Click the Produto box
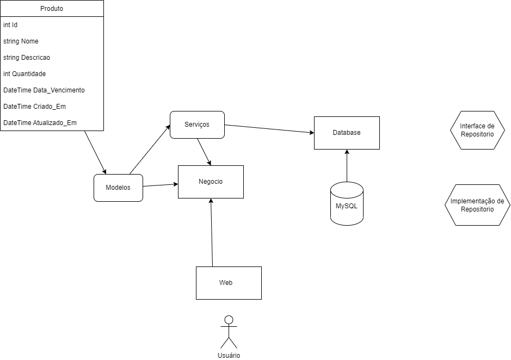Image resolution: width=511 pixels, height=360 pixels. click(52, 9)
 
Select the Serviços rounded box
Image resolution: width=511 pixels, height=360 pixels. click(197, 125)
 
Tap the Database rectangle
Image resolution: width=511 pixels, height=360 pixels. click(347, 133)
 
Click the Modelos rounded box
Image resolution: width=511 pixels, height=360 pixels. click(118, 188)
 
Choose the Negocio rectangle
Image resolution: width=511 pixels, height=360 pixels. click(211, 182)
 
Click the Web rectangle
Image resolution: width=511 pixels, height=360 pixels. click(229, 283)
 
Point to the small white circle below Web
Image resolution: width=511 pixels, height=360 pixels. click(229, 320)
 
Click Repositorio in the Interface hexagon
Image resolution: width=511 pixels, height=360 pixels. click(477, 134)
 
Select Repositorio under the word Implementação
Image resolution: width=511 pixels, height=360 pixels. click(477, 209)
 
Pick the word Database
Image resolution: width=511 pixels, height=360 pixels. click(347, 133)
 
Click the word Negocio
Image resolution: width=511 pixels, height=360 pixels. click(211, 182)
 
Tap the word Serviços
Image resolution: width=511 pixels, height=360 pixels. click(197, 125)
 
